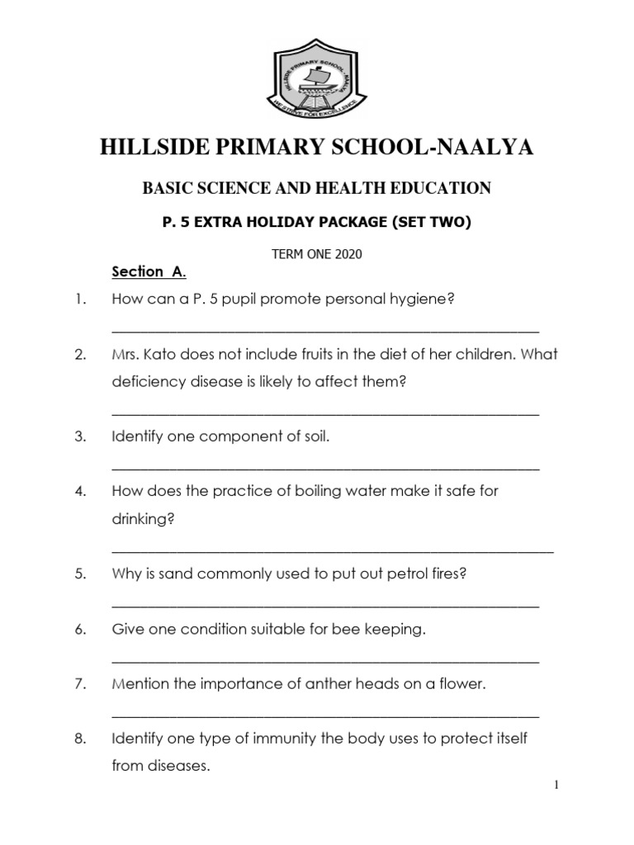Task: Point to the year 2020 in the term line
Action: coord(349,254)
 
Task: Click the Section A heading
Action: coord(149,271)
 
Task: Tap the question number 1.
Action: coord(80,299)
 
